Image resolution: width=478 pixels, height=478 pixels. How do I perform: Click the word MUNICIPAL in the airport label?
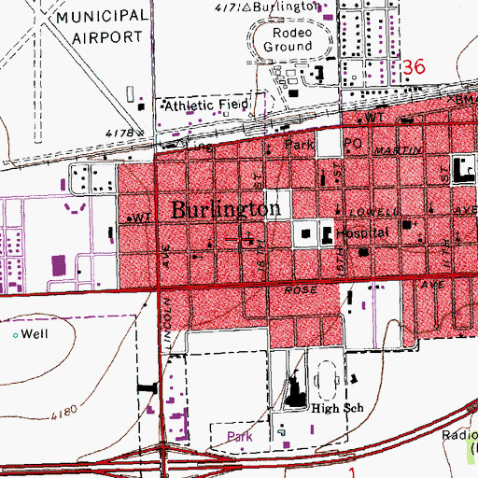103,18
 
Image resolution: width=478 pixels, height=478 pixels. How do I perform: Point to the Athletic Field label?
205,106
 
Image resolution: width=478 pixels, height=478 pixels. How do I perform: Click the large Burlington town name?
226,210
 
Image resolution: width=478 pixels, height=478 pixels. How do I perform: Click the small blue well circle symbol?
15,333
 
